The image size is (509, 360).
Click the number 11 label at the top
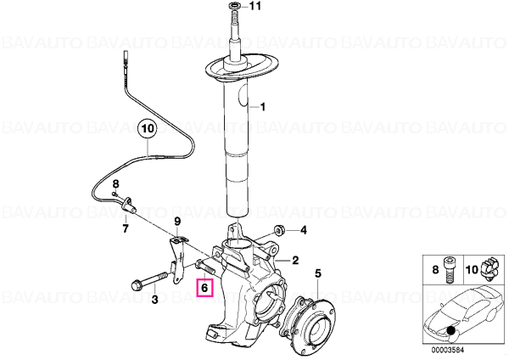point(255,6)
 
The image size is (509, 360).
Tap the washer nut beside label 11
point(234,6)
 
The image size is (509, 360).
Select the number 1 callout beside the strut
point(263,107)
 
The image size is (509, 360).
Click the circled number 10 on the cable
point(148,129)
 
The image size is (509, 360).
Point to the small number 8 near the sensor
point(116,184)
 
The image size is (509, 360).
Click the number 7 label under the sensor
point(126,228)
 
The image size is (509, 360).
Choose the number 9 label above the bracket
point(177,222)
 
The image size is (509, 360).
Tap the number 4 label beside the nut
point(304,230)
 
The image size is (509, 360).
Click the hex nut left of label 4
point(279,230)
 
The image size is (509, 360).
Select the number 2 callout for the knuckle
point(295,260)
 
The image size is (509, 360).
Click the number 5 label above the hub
point(318,273)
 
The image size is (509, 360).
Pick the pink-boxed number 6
point(204,288)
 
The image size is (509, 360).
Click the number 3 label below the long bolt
point(155,299)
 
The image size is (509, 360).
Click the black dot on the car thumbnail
point(450,331)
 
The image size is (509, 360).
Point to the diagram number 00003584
point(448,351)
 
